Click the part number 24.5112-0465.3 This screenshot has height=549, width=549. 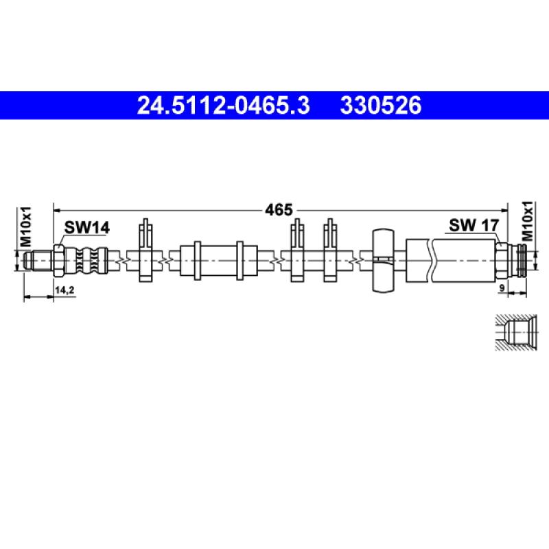[x=224, y=106]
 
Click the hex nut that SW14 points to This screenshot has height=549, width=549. [x=58, y=259]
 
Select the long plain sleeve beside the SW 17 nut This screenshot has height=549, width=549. [x=463, y=260]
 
